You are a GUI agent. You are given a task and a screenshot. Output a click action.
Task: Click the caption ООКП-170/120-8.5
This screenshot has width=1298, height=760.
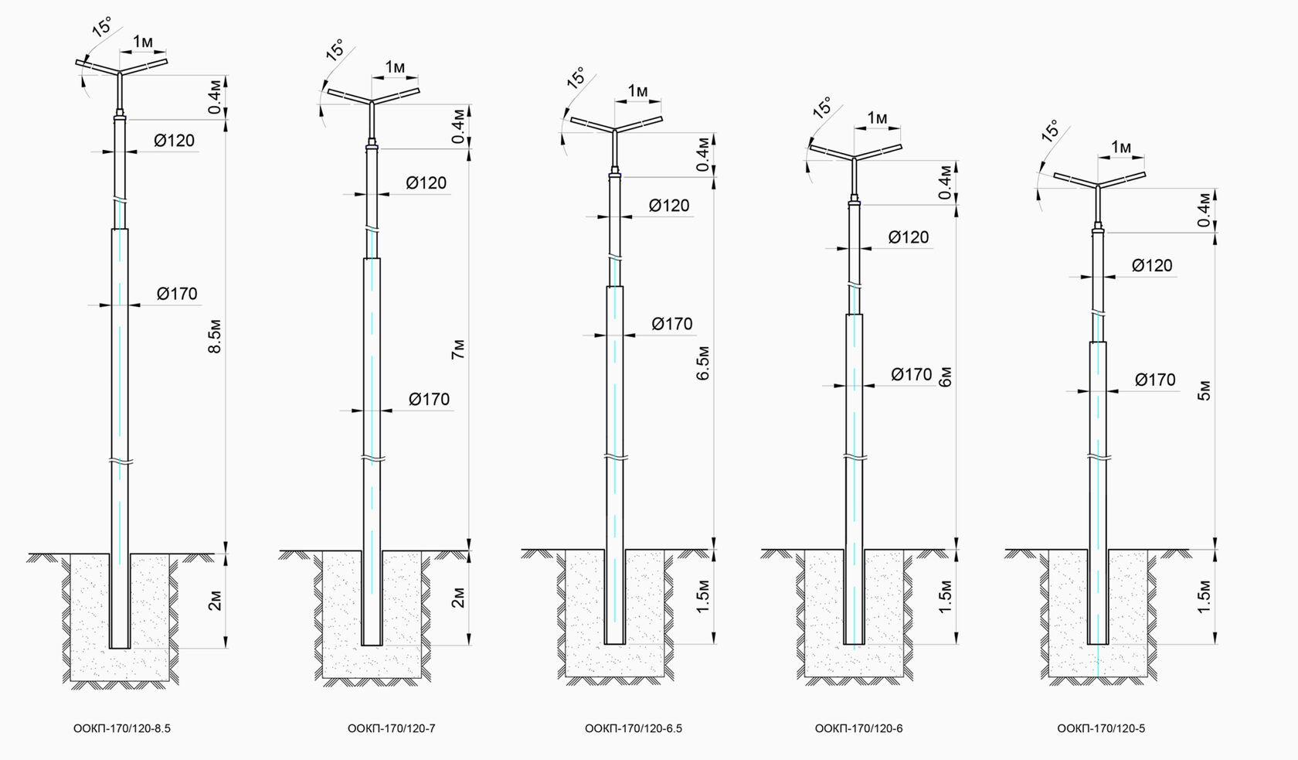(x=122, y=729)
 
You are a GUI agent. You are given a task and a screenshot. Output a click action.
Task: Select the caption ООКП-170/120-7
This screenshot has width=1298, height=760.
(x=391, y=729)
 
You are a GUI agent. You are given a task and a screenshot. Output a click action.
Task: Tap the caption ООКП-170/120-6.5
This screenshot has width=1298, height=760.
(x=634, y=729)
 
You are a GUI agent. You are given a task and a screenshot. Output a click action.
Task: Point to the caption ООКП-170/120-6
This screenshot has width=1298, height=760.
(x=859, y=729)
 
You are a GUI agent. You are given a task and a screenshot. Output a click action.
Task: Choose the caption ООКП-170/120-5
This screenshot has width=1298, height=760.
(x=1101, y=729)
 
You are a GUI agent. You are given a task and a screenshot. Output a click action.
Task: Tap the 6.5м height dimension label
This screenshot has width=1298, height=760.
(x=702, y=363)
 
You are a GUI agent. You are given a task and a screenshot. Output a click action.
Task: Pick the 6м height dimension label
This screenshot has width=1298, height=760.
(x=945, y=377)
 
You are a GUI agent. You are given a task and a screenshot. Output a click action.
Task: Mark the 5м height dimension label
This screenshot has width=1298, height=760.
(x=1204, y=390)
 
